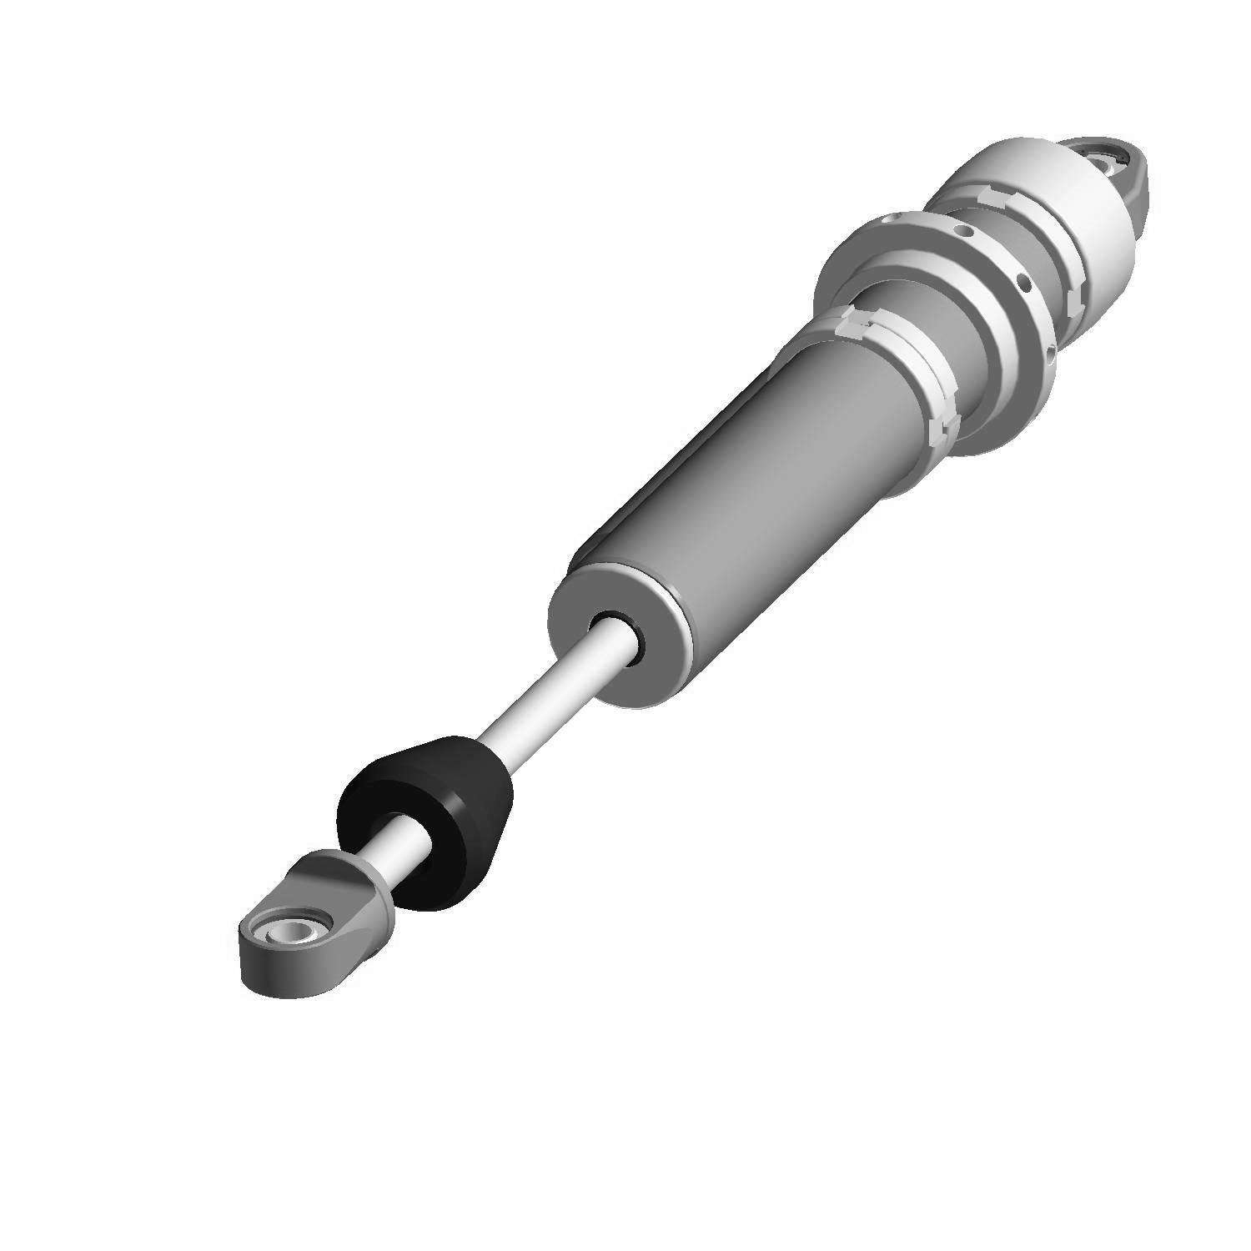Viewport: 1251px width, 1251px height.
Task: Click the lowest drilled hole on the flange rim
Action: (x=1048, y=354)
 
